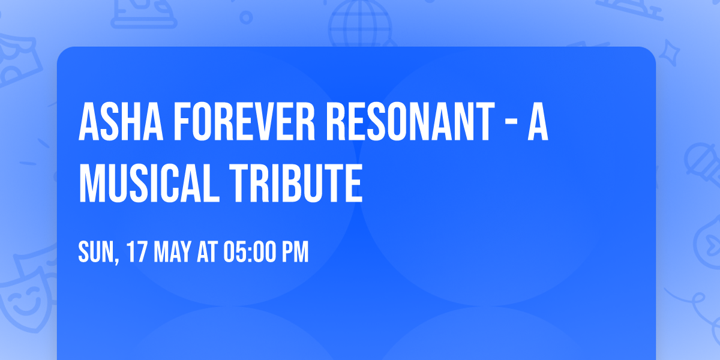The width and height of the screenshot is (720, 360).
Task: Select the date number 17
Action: click(136, 253)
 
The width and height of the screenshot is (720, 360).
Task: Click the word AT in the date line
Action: click(208, 253)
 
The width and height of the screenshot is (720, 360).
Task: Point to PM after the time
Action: click(295, 253)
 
